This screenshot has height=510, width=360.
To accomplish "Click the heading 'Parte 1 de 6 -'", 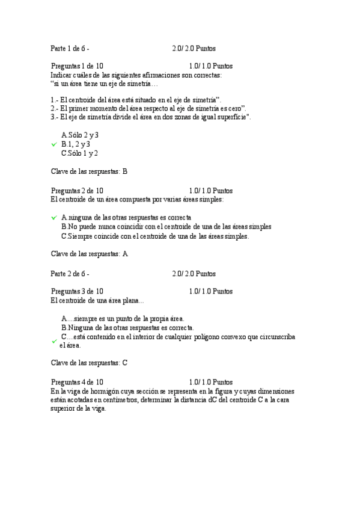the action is [x=70, y=48].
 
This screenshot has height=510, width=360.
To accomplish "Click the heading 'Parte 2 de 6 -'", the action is [x=70, y=274].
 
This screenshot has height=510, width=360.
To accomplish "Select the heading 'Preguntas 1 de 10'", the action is [x=77, y=66].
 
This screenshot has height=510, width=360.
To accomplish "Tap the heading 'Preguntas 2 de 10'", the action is [x=77, y=191].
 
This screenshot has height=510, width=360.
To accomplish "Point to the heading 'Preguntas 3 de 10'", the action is [x=77, y=292].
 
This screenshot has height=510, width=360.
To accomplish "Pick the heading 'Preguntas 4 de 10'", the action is [x=77, y=382].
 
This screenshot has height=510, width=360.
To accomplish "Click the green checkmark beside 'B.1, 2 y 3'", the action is [x=54, y=145].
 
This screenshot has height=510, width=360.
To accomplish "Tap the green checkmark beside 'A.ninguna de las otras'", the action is [x=54, y=218].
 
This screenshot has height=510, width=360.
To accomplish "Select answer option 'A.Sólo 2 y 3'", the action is [x=80, y=135].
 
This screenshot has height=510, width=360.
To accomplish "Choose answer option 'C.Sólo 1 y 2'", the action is [x=80, y=153].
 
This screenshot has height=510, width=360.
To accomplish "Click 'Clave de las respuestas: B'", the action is [x=89, y=171].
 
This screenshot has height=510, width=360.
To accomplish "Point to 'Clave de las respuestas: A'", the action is [x=89, y=254].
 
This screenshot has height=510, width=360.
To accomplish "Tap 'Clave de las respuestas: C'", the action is [x=89, y=363].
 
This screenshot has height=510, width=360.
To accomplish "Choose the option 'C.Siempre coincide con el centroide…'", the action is [x=154, y=236].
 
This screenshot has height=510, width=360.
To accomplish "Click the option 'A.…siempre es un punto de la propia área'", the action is [x=123, y=319].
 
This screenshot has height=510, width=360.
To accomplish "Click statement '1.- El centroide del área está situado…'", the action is [x=136, y=99].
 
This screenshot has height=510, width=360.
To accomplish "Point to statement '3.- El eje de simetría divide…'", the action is [x=150, y=117].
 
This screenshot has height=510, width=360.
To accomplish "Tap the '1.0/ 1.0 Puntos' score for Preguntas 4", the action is [x=210, y=382].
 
